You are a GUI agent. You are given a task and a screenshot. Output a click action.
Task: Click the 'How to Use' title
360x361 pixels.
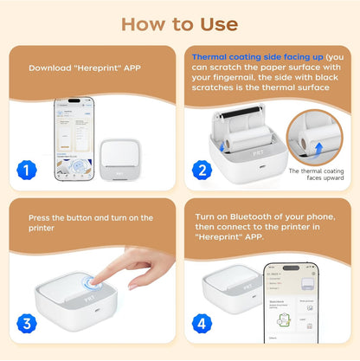pyautogui.click(x=179, y=23)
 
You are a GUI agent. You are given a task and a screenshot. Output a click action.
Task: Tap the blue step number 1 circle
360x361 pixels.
pyautogui.click(x=27, y=171)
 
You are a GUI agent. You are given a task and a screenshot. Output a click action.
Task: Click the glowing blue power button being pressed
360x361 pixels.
pyautogui.click(x=90, y=285)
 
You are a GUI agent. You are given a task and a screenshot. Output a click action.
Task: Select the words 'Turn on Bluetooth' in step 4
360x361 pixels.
pyautogui.click(x=238, y=216)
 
